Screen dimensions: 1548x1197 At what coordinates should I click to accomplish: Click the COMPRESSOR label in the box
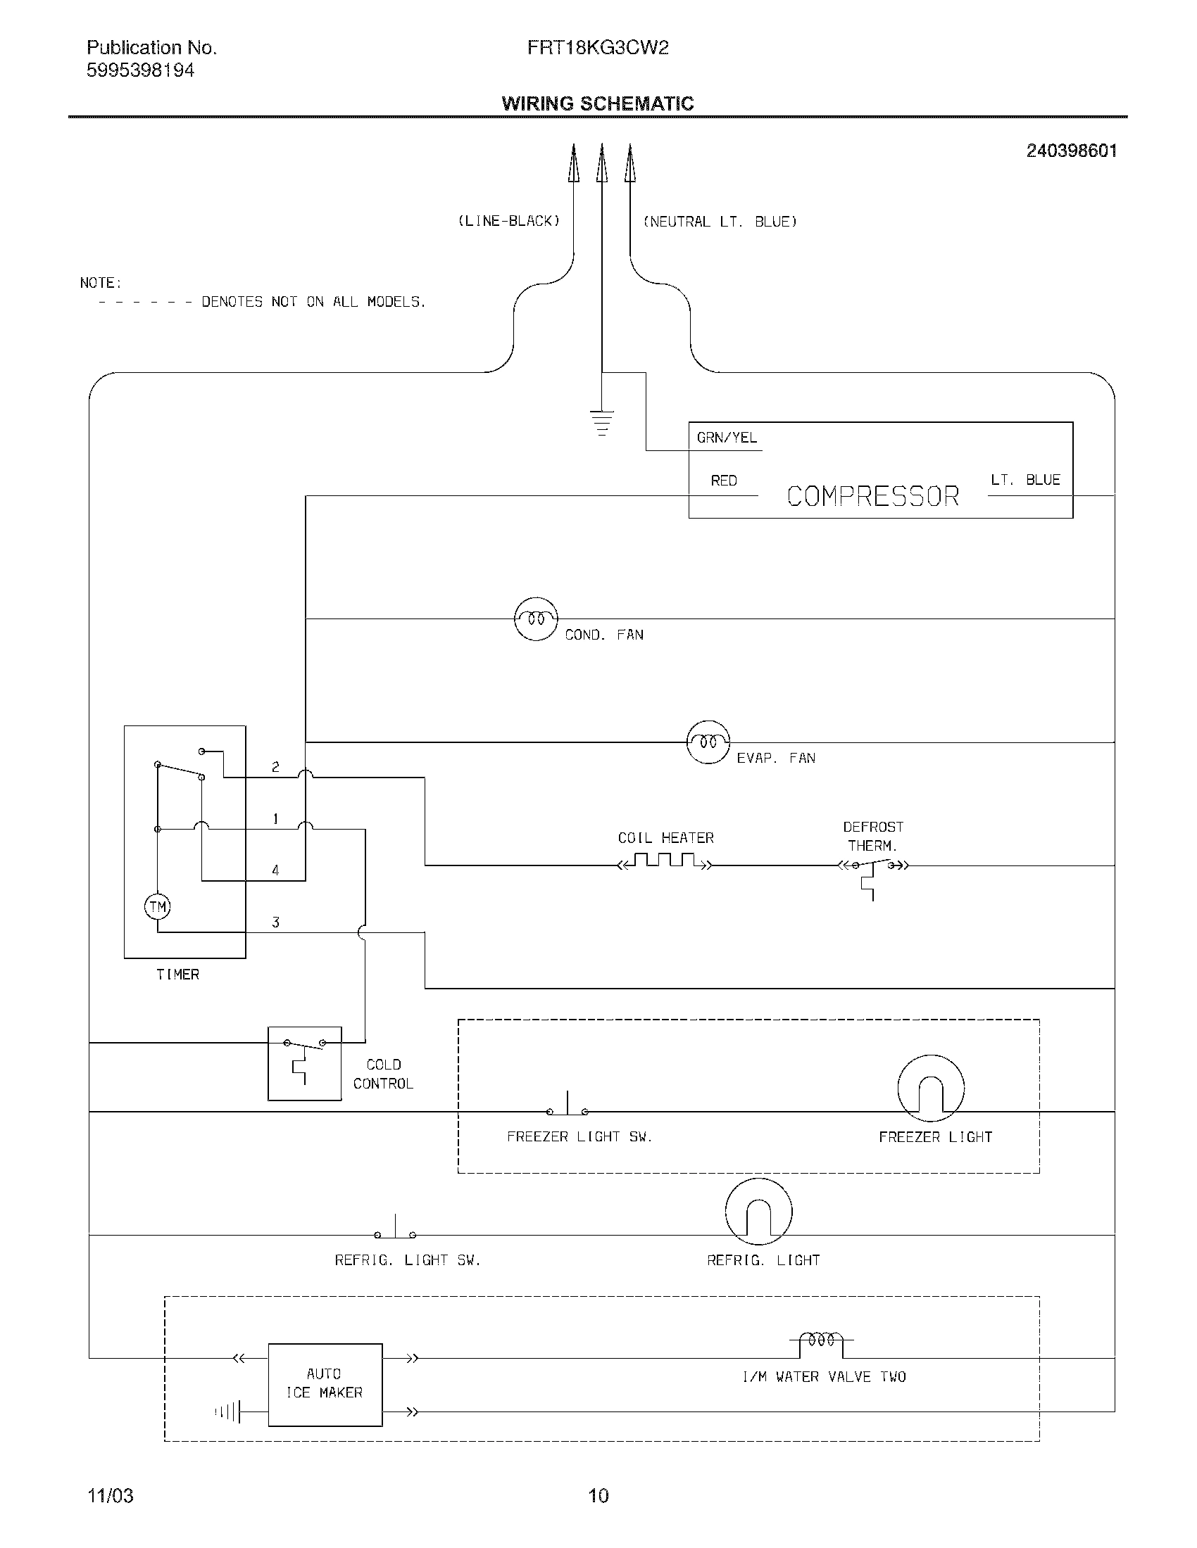pos(872,496)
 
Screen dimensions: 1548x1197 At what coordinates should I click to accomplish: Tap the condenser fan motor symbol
pos(536,618)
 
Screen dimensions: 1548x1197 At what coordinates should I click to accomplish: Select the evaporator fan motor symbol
pos(708,742)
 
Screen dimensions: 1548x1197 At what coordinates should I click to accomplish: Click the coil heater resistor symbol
pos(665,863)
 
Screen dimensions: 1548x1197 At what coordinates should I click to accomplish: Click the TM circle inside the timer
pos(158,906)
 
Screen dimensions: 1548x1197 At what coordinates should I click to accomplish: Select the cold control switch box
pos(304,1063)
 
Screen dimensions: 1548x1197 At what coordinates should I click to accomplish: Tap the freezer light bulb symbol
pos(930,1088)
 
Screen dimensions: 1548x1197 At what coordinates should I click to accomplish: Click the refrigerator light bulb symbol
pos(758,1212)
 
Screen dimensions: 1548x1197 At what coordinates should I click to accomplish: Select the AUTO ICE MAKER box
pos(325,1384)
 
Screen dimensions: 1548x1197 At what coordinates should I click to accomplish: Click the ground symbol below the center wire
pos(601,422)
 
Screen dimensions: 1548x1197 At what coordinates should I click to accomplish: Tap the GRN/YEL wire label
pos(727,438)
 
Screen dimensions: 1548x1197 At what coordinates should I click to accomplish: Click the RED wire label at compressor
pos(724,481)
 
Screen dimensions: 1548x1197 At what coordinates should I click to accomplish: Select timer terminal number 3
pos(275,922)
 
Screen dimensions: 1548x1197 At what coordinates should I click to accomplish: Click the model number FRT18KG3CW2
pos(598,48)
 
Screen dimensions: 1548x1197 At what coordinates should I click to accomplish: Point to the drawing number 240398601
pos(1071,151)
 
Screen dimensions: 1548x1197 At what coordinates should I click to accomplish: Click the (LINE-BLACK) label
pos(509,221)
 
